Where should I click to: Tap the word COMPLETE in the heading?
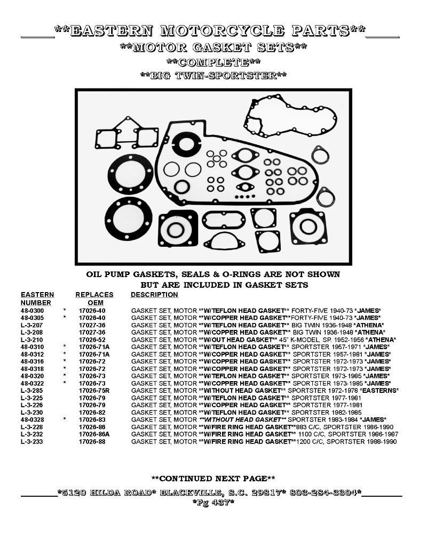click(213, 62)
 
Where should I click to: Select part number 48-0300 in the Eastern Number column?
click(33, 311)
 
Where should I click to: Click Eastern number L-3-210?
click(31, 340)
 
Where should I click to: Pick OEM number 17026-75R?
click(94, 391)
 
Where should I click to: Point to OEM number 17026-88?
click(92, 441)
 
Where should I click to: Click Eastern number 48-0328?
click(33, 420)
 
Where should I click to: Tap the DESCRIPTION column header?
click(154, 295)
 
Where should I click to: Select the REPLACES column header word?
click(94, 295)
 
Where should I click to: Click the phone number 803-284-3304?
click(324, 492)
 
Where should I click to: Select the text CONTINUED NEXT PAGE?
click(213, 479)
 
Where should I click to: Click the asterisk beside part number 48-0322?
click(65, 383)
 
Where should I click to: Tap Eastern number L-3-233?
click(31, 441)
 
